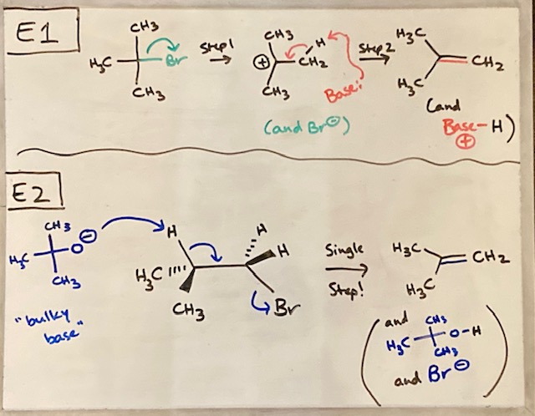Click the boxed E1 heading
tap(43, 32)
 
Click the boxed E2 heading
tap(34, 191)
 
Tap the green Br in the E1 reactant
tap(176, 60)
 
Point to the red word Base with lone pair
tap(342, 92)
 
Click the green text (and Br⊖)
tap(307, 128)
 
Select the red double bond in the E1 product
tap(453, 61)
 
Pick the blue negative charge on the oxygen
tap(91, 236)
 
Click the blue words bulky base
tap(50, 325)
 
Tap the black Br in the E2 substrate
tap(287, 308)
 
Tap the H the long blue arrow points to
tap(172, 233)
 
